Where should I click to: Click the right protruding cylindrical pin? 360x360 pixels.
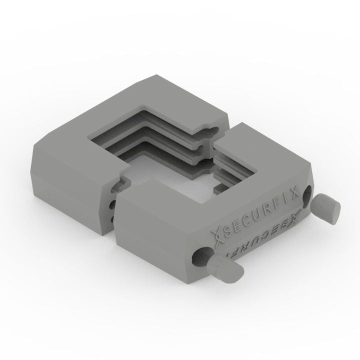[327, 206]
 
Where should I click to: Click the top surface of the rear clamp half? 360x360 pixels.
[100, 130]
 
